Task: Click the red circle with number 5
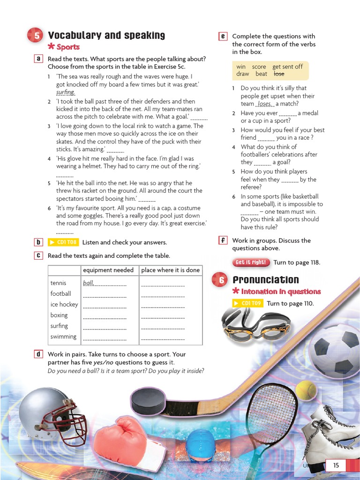(x=37, y=36)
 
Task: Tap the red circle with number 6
(x=220, y=280)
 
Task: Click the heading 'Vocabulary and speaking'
(x=106, y=36)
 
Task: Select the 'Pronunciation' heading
(x=265, y=280)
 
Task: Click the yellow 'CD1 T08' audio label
(x=63, y=242)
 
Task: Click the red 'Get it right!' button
(x=251, y=262)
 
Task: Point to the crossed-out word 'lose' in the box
(x=278, y=74)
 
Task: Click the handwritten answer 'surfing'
(x=65, y=92)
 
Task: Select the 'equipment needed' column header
(x=108, y=270)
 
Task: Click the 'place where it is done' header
(x=170, y=270)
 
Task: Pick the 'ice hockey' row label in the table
(x=64, y=304)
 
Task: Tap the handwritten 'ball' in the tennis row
(x=88, y=283)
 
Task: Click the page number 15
(x=336, y=465)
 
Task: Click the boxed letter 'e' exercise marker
(x=223, y=36)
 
